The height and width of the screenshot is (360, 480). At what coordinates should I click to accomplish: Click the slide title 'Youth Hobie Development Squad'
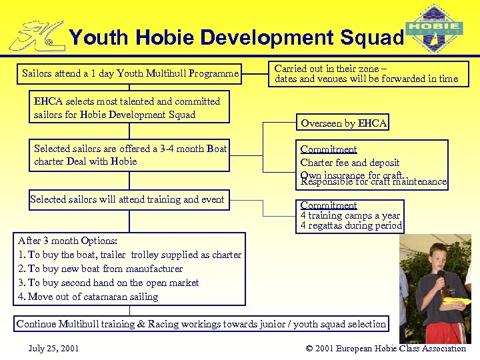pyautogui.click(x=237, y=37)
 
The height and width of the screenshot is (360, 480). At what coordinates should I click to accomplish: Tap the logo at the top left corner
pyautogui.click(x=37, y=37)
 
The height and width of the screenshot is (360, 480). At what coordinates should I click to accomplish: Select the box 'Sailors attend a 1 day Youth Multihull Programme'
pyautogui.click(x=130, y=73)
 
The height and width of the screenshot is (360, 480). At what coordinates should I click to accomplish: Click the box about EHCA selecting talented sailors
pyautogui.click(x=127, y=108)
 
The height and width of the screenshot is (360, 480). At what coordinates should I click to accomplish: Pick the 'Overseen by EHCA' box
pyautogui.click(x=343, y=123)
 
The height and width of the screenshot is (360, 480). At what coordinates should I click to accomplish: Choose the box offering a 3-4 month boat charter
pyautogui.click(x=130, y=155)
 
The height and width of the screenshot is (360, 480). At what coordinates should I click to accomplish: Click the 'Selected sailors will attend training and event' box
pyautogui.click(x=127, y=199)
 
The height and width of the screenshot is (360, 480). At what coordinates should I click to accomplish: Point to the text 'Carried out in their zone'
pyautogui.click(x=331, y=68)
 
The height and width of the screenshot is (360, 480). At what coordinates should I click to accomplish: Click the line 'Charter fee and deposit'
pyautogui.click(x=350, y=163)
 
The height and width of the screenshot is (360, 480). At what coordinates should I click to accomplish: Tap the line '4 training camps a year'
pyautogui.click(x=350, y=215)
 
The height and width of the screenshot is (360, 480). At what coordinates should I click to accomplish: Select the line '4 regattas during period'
pyautogui.click(x=351, y=226)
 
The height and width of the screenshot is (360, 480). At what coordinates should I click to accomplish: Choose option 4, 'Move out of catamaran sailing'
pyautogui.click(x=88, y=297)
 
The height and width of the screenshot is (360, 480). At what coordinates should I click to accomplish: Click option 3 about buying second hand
pyautogui.click(x=108, y=283)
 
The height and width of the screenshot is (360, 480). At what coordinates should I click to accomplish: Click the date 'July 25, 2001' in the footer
pyautogui.click(x=54, y=348)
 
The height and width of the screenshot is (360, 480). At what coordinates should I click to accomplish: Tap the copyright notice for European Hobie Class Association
pyautogui.click(x=385, y=348)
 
